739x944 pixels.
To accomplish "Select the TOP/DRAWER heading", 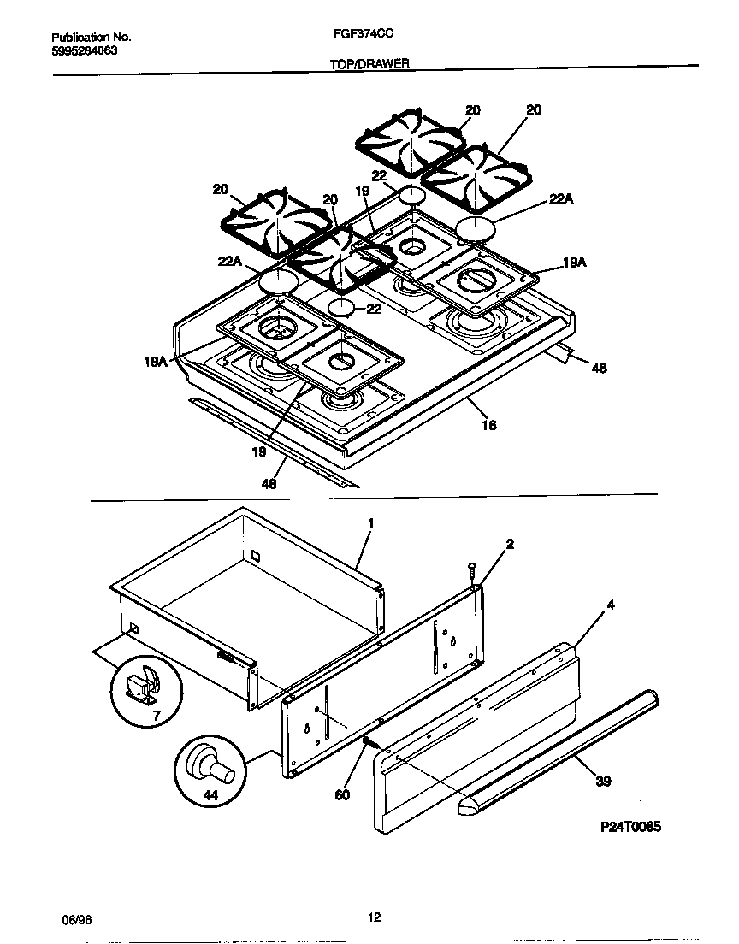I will coord(369,63).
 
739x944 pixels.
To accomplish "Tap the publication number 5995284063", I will coord(85,50).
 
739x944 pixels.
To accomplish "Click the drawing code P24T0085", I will coord(630,827).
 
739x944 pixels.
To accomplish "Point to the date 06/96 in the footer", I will coord(76,918).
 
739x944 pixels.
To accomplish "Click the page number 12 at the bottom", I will coord(374,917).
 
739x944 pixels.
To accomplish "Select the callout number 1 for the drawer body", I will coord(370,522).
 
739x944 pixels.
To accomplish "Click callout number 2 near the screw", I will coord(510,544).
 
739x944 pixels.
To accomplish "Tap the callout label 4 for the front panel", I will coord(610,605).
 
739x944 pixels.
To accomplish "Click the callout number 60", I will coord(342,794).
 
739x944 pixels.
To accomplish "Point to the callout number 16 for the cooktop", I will coord(489,424).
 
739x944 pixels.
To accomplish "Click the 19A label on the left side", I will coord(155,362).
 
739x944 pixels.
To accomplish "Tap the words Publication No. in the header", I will coord(91,38).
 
